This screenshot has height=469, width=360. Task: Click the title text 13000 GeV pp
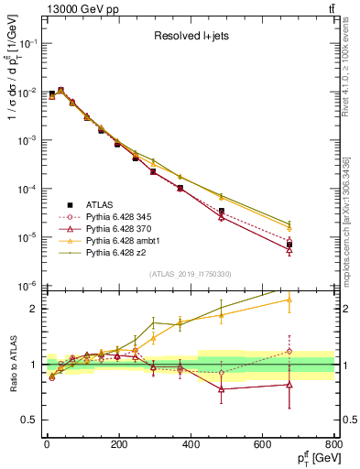[77, 9]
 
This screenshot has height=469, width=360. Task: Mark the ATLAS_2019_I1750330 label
[190, 274]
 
